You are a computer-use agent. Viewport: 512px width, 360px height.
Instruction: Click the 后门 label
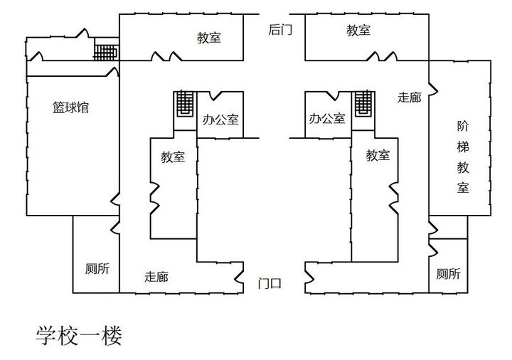pos(280,29)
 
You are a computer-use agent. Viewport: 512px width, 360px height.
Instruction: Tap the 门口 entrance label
pos(270,283)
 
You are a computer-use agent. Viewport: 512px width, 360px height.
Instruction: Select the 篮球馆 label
pos(70,107)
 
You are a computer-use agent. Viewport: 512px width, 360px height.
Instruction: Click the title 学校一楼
pos(79,335)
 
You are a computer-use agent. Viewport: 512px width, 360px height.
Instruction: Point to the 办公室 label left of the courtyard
pos(220,120)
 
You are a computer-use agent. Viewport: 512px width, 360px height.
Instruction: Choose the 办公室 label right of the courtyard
pos(327,118)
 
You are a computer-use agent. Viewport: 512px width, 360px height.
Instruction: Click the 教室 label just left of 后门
pos(209,38)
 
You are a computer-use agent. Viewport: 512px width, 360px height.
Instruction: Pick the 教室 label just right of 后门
pos(358,30)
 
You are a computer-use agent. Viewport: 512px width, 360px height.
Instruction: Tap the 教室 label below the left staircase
pos(173,157)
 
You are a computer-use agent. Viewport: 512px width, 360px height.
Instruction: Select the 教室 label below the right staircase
pos(378,155)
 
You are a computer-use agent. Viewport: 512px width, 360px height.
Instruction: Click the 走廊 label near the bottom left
pos(156,277)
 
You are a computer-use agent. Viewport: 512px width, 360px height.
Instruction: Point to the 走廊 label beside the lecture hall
pos(410,97)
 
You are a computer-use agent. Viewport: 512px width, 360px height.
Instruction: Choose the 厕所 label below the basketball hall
pos(97,268)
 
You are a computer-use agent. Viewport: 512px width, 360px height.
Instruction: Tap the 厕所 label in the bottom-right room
pos(448,274)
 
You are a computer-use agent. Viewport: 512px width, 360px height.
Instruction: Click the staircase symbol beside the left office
pos(186,104)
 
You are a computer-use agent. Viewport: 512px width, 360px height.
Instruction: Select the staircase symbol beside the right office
pos(364,103)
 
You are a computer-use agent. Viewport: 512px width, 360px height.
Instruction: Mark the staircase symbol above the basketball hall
pos(106,52)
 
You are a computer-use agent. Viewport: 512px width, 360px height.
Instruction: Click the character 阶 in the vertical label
pos(463,126)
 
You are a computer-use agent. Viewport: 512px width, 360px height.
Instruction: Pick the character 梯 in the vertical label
pos(463,147)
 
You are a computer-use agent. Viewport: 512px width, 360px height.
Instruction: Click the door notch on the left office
pos(215,95)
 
